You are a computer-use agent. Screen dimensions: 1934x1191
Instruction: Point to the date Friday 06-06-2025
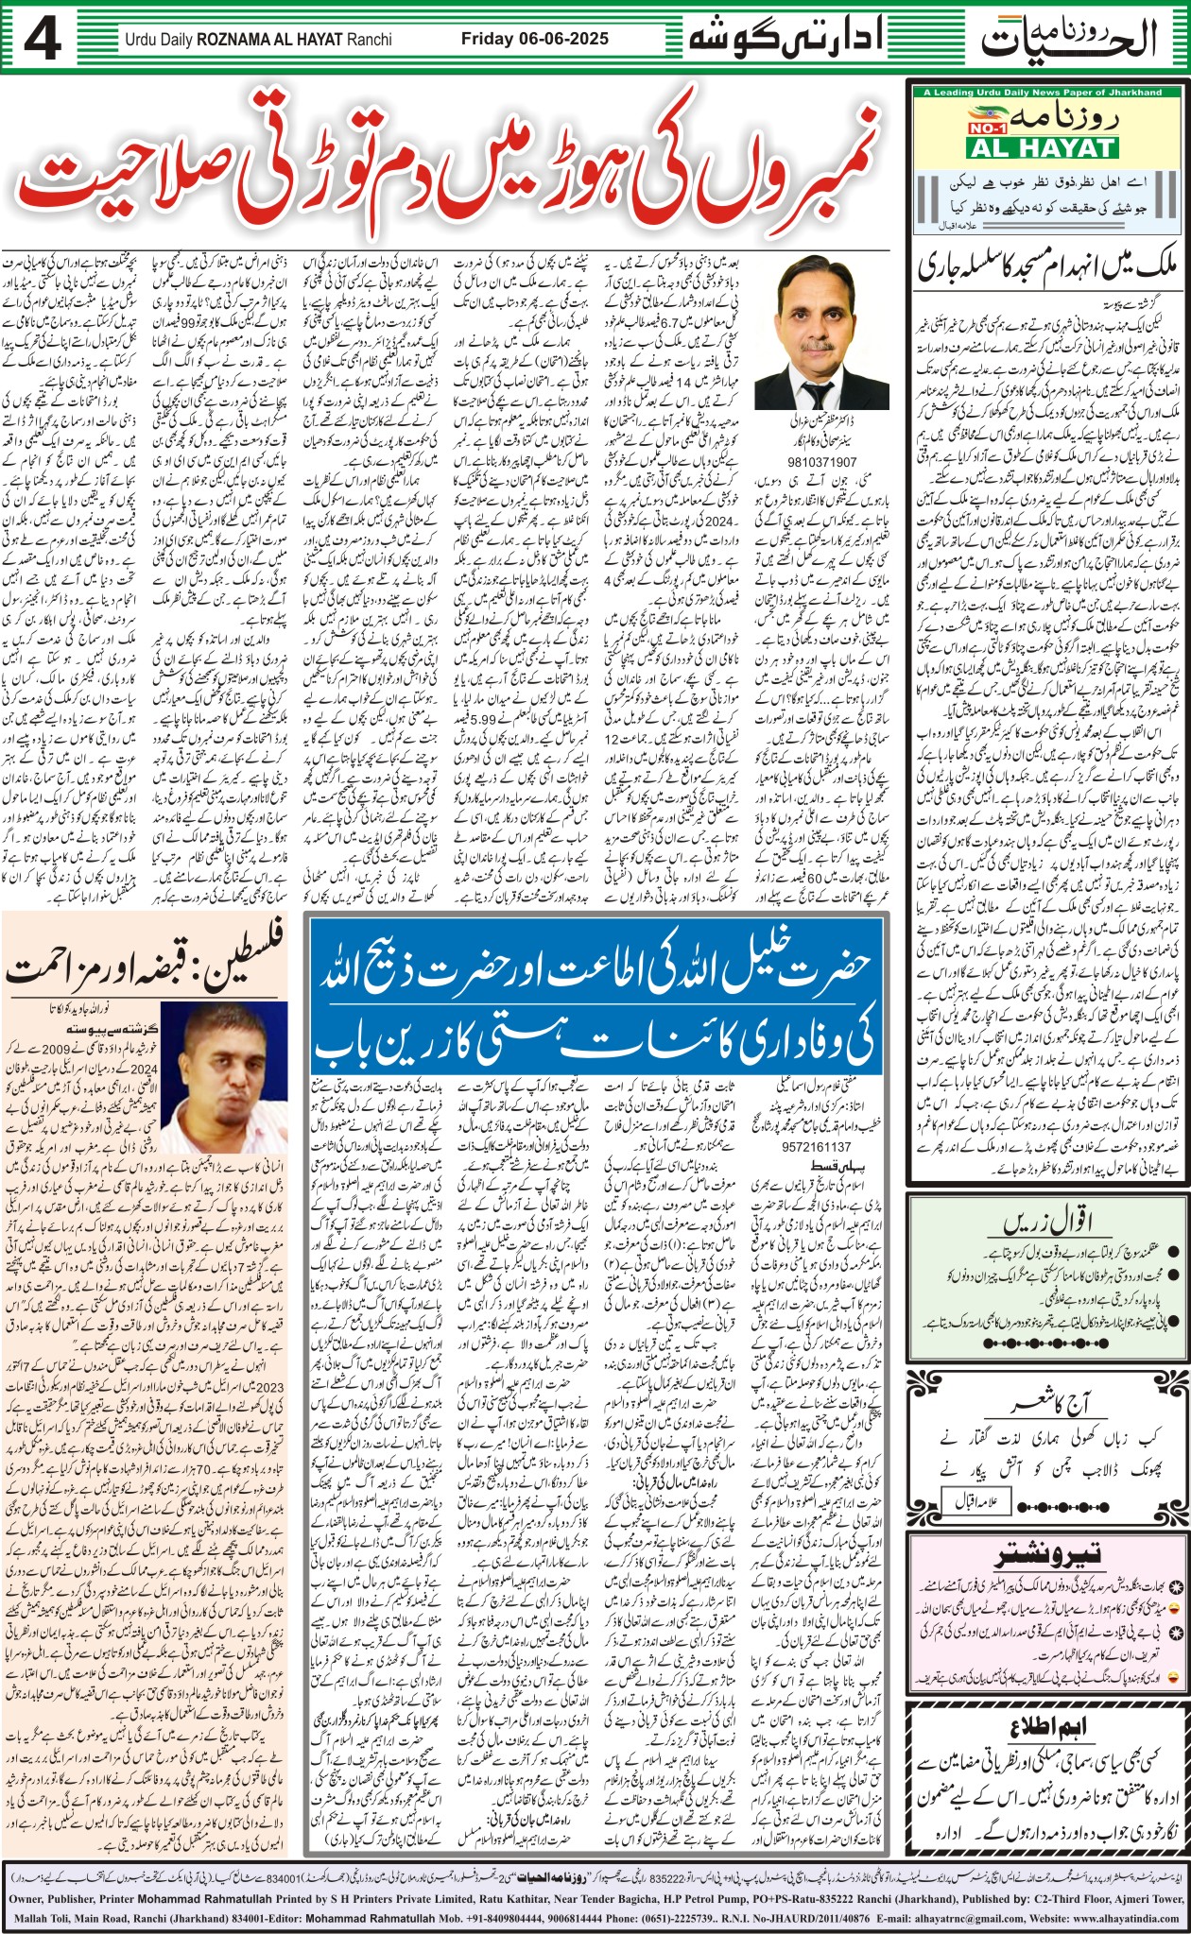(x=534, y=40)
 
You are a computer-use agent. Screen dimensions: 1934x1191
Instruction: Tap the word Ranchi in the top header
(x=370, y=41)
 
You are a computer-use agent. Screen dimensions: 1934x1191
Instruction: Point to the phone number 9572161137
(x=815, y=1147)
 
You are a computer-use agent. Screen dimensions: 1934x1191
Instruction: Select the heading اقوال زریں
(x=1047, y=1222)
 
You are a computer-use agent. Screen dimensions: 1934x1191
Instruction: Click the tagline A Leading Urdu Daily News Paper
(x=1043, y=93)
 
